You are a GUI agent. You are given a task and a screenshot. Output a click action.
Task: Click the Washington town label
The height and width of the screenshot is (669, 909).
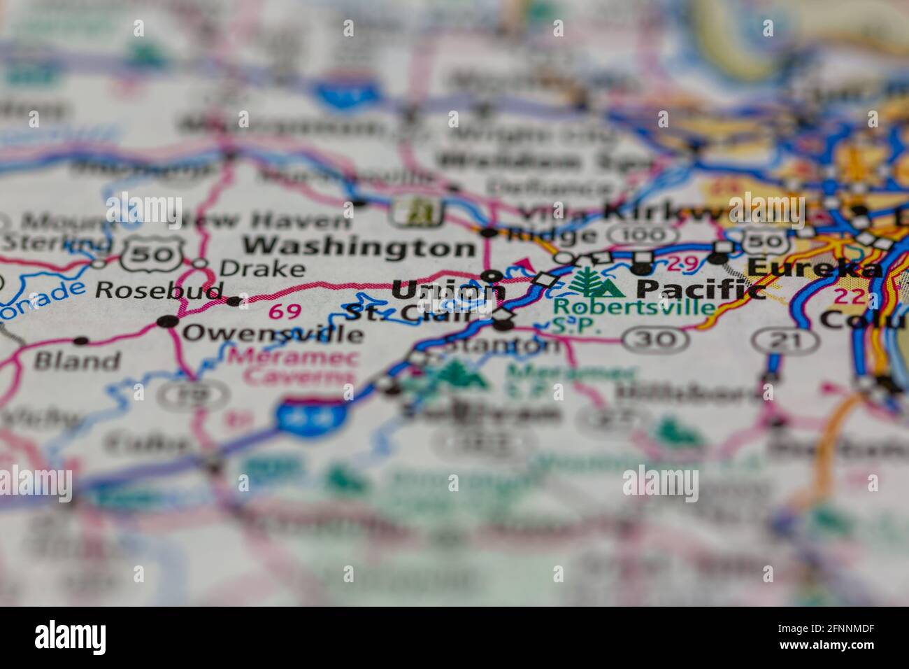(359, 247)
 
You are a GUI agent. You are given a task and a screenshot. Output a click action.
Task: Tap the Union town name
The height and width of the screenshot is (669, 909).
(448, 289)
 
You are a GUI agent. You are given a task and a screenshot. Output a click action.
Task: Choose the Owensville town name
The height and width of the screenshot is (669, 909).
(273, 333)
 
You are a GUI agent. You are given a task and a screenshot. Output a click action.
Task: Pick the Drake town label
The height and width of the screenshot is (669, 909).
(262, 268)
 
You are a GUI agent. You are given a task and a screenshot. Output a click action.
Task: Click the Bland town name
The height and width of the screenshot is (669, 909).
(77, 361)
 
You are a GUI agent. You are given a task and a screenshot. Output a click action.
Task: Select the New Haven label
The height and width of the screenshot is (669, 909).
(264, 222)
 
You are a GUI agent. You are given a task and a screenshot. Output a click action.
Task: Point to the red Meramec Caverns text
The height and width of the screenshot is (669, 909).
(293, 367)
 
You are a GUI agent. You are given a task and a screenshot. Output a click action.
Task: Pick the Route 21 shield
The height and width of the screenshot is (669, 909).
(785, 341)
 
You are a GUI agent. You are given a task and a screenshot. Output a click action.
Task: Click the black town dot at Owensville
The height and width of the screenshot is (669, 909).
(168, 321)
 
